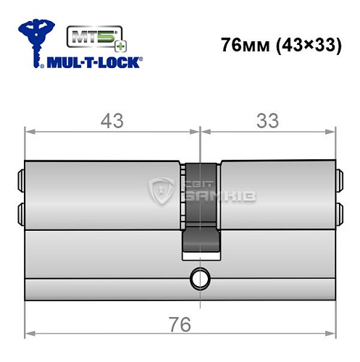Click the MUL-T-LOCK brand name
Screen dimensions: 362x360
coord(93,63)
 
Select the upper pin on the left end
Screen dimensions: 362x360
coord(20,177)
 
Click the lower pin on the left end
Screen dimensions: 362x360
coord(20,212)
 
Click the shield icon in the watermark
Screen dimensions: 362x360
coord(159,192)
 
